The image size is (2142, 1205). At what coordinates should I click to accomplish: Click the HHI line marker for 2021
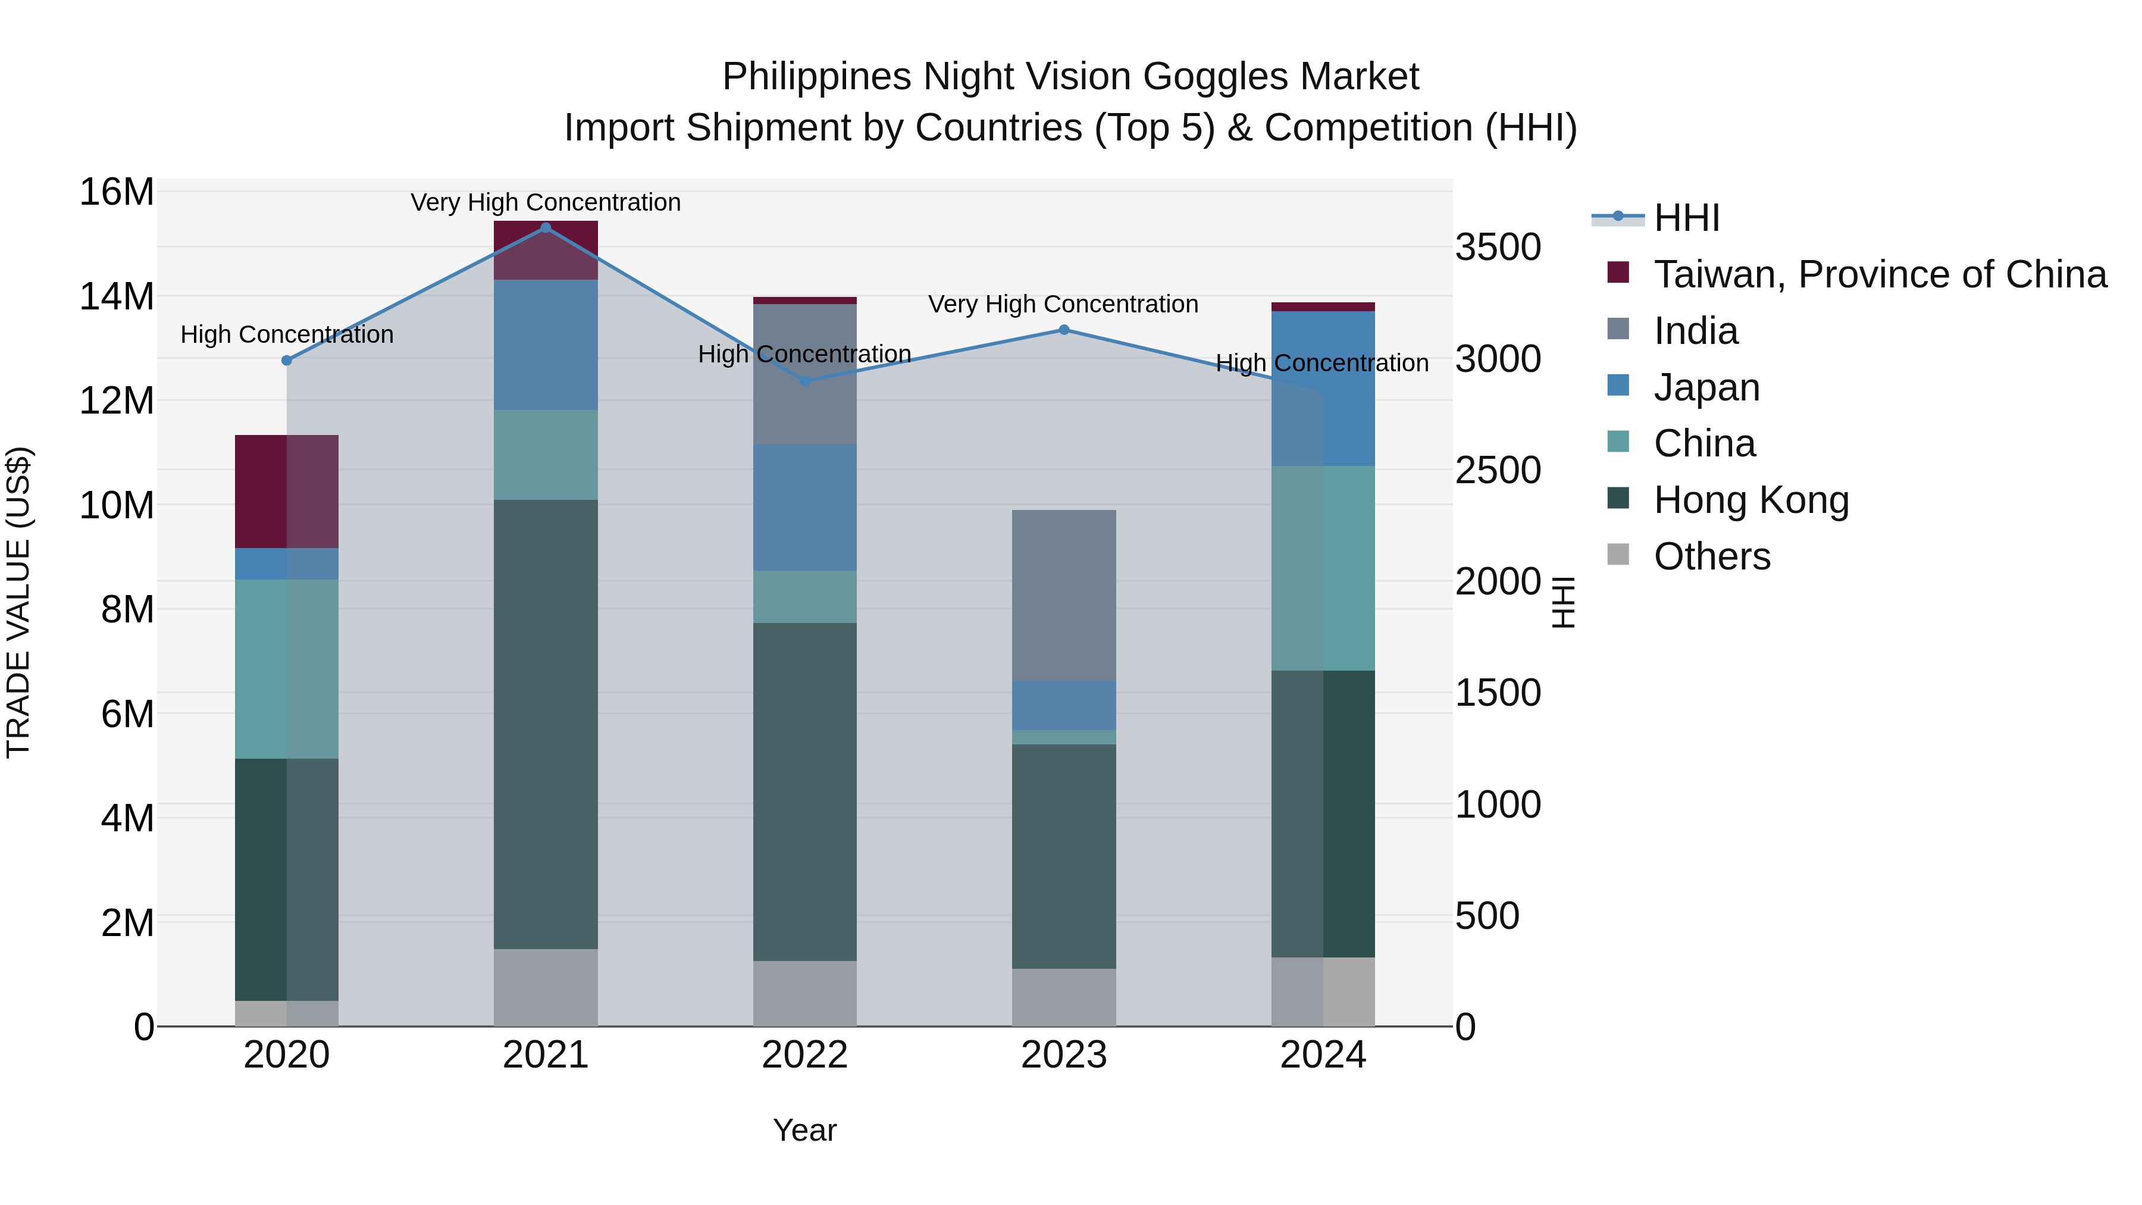546,228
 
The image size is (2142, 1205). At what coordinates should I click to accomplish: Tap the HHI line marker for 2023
1063,330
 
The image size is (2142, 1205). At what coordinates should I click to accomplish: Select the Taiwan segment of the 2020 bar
286,491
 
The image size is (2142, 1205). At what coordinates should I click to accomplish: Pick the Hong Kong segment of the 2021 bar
546,724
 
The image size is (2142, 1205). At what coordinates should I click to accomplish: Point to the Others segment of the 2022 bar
804,993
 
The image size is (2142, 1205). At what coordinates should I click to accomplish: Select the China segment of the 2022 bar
804,596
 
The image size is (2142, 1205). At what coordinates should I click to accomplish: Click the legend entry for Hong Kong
1750,500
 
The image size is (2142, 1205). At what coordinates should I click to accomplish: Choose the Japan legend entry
1706,387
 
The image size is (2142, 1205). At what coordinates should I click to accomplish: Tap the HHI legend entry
1686,218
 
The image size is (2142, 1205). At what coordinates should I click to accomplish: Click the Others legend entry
1711,556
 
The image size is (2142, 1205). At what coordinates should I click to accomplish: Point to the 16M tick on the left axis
117,192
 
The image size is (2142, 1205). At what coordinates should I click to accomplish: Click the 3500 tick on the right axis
1498,247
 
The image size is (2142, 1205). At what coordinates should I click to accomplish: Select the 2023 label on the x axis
1063,1055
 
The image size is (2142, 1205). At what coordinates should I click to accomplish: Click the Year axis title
804,1130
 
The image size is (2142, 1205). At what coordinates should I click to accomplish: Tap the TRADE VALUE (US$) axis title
18,602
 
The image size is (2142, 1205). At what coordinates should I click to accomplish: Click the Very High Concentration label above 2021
546,202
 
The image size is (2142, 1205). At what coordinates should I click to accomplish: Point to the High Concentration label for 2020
286,334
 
